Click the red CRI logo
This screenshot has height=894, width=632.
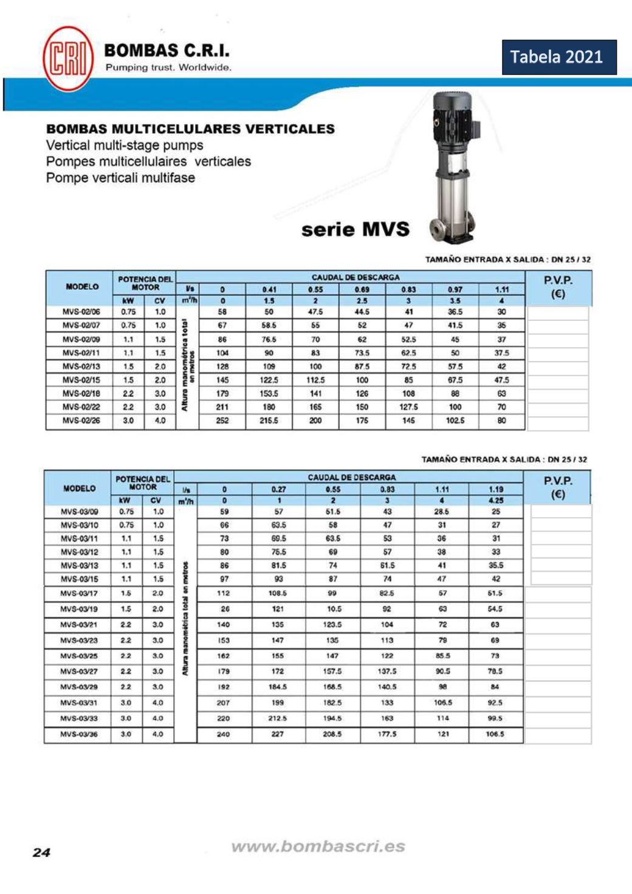(67, 59)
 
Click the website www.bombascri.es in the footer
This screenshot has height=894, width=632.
(318, 846)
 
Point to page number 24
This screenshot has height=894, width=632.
(41, 852)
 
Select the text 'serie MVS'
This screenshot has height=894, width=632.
(355, 230)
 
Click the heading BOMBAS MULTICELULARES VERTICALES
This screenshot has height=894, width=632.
(190, 129)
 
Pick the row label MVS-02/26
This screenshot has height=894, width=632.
(81, 421)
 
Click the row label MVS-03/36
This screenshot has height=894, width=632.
(79, 734)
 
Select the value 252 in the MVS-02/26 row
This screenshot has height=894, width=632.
(222, 421)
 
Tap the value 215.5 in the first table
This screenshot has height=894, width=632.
(269, 421)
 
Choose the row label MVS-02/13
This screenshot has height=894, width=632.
(81, 366)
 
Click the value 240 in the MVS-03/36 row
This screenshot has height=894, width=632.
(224, 734)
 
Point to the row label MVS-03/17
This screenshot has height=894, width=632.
(79, 593)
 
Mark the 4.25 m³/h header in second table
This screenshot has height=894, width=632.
(496, 501)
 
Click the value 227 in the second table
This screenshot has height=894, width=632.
(278, 734)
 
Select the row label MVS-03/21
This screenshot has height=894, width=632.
(79, 625)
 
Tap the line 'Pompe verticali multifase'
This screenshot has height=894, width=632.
(120, 178)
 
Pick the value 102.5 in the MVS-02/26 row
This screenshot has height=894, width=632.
(455, 421)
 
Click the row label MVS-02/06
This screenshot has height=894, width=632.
(81, 312)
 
